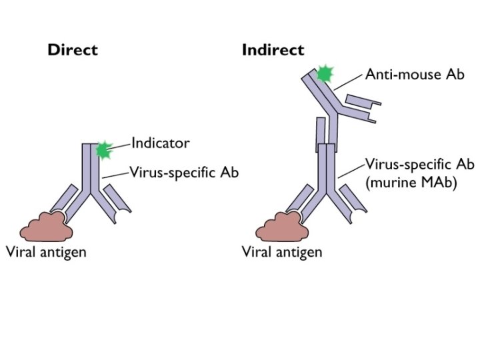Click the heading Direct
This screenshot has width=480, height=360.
[73, 50]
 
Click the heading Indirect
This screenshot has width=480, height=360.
[273, 50]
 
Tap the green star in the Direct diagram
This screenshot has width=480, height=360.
[104, 150]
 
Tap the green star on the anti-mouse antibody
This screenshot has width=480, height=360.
[325, 74]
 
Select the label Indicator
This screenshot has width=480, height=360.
[161, 143]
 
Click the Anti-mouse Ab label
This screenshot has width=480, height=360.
[415, 75]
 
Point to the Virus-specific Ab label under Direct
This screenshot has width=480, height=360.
[184, 173]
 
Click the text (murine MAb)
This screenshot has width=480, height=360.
[411, 183]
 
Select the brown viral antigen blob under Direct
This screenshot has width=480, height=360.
[46, 227]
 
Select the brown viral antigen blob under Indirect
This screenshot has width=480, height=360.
[282, 227]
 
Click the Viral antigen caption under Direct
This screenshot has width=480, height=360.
[46, 252]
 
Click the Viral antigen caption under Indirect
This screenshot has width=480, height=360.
[282, 252]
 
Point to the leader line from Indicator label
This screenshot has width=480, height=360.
[119, 146]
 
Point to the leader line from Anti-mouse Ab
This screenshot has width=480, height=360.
[349, 82]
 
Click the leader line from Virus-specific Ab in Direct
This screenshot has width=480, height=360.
[115, 175]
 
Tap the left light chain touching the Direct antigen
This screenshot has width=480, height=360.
[64, 198]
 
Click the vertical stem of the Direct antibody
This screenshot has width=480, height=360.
[91, 169]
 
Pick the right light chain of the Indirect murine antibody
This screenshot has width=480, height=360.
[353, 199]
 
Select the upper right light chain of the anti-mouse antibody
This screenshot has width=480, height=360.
[363, 101]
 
